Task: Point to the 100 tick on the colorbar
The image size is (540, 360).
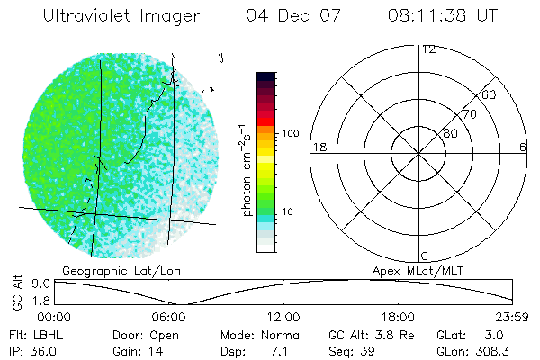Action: (291, 133)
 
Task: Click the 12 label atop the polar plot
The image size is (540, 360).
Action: (429, 49)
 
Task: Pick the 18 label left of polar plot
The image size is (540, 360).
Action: (318, 147)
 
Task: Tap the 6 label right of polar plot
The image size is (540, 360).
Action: (523, 147)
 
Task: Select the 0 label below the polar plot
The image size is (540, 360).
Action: (424, 256)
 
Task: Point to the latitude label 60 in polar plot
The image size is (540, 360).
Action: (490, 95)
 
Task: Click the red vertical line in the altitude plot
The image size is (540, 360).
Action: (211, 292)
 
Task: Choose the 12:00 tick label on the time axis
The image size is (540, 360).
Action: (283, 317)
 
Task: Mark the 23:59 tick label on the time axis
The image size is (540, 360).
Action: (512, 317)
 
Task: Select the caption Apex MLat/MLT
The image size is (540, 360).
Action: (427, 269)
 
